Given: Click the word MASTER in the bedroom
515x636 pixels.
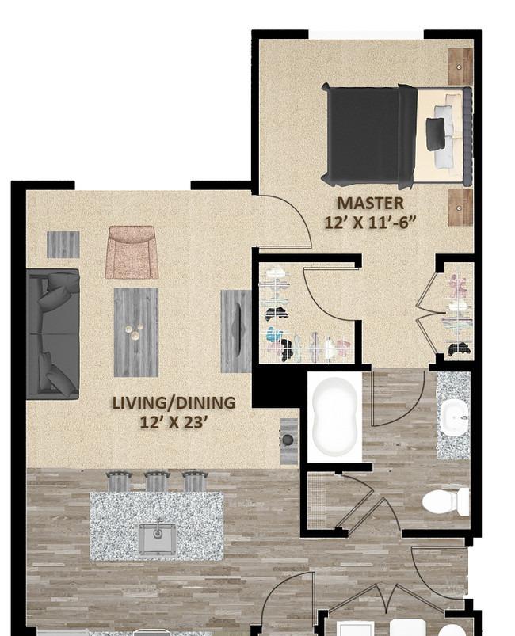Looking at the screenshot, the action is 370,204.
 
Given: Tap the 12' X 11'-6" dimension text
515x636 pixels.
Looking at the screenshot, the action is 370,223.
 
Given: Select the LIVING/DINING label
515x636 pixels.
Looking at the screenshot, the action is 174,403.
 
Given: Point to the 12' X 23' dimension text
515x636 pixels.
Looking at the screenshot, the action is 174,422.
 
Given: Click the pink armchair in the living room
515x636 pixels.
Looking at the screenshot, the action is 132,252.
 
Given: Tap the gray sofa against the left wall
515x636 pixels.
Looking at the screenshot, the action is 53,333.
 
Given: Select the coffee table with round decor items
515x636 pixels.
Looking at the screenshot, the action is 136,332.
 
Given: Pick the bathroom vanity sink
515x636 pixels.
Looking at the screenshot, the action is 455,417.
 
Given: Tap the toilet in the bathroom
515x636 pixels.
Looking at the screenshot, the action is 445,501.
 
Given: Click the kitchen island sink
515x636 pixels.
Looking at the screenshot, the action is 158,539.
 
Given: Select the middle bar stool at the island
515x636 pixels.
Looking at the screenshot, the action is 156,482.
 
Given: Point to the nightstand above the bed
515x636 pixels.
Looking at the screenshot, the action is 460,67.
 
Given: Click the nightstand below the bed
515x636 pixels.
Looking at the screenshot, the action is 460,208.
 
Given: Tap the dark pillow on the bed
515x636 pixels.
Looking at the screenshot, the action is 435,135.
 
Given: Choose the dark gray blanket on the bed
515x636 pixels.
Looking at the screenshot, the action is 368,136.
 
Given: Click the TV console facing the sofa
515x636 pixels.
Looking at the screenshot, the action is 236,331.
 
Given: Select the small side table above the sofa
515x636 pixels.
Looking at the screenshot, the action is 63,245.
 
